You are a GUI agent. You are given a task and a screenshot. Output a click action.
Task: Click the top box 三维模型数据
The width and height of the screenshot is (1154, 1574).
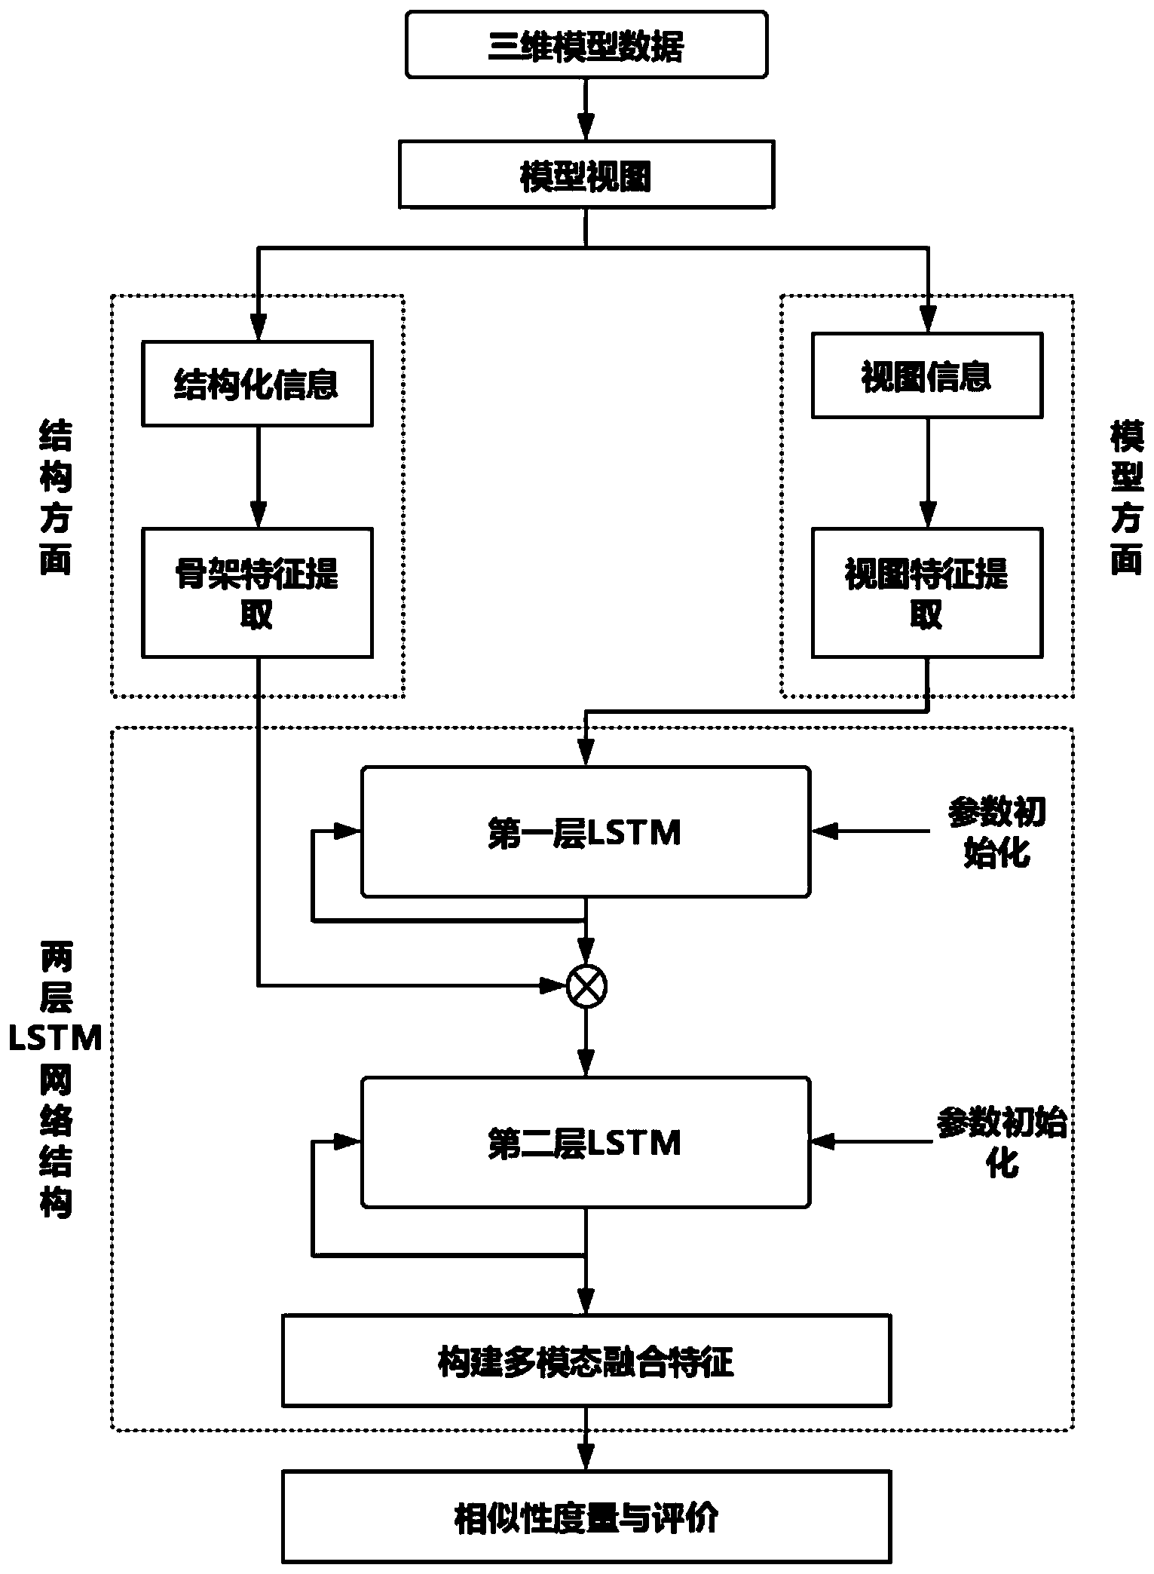pos(586,45)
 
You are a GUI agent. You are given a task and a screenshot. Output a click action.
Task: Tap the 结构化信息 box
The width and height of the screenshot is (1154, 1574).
pos(257,384)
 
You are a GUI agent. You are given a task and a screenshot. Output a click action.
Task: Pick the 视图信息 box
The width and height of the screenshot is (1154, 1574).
pos(926,375)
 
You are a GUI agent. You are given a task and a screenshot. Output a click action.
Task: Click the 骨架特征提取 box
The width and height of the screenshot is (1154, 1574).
pos(257,593)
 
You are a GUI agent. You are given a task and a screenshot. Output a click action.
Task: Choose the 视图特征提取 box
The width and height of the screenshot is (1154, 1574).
pos(926,593)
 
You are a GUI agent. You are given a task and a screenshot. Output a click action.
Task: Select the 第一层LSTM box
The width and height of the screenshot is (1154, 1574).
pos(586,832)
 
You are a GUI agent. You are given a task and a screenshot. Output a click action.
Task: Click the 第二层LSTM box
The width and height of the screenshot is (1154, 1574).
pos(586,1142)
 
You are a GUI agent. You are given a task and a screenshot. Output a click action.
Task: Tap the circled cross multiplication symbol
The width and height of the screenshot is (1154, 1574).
pos(586,985)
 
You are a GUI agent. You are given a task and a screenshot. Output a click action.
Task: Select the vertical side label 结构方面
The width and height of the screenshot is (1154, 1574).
pos(55,498)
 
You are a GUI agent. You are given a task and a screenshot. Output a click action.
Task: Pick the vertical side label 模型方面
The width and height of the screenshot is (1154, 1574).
pos(1127,498)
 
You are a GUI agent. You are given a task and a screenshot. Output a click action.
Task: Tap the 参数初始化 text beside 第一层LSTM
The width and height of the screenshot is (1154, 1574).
pos(996,833)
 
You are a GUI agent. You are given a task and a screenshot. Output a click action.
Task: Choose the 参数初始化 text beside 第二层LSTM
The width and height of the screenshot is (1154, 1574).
pos(1001,1141)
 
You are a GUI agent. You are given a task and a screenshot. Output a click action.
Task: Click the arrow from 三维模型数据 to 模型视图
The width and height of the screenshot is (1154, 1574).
pos(586,109)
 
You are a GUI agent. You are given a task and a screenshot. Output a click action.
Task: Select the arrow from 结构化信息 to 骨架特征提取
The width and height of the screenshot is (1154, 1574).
pos(258,477)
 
